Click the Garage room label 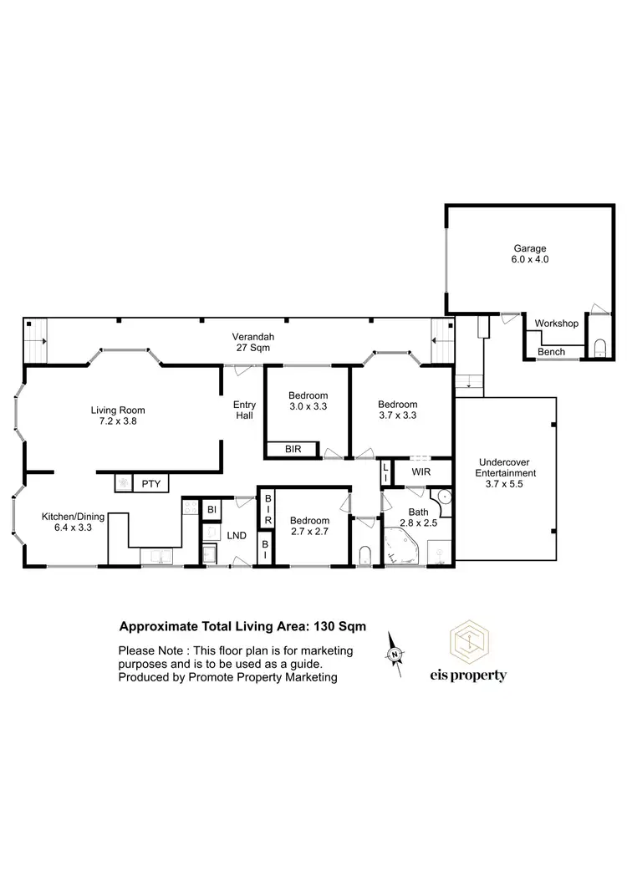[x=530, y=254]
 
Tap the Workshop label [x=556, y=324]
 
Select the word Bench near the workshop [x=551, y=352]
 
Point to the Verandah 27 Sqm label [x=253, y=343]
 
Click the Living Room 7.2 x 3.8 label [x=118, y=415]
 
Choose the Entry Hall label [x=244, y=410]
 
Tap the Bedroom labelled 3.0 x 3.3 [x=308, y=401]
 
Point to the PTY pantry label [x=150, y=482]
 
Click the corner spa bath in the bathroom [x=405, y=546]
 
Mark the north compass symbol [x=395, y=652]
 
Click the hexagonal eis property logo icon [x=468, y=640]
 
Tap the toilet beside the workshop [x=599, y=347]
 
